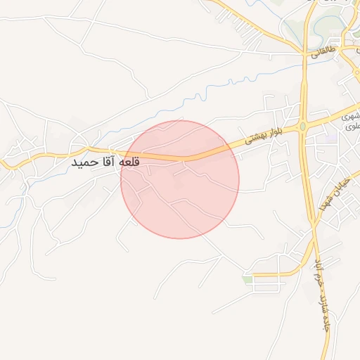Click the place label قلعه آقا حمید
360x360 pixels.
(x=106, y=162)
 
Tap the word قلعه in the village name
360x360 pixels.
(x=129, y=162)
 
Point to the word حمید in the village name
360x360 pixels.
(x=84, y=162)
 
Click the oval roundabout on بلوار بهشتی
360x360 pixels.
(x=302, y=127)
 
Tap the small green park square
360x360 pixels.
(x=247, y=279)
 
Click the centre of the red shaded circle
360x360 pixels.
(x=180, y=179)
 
